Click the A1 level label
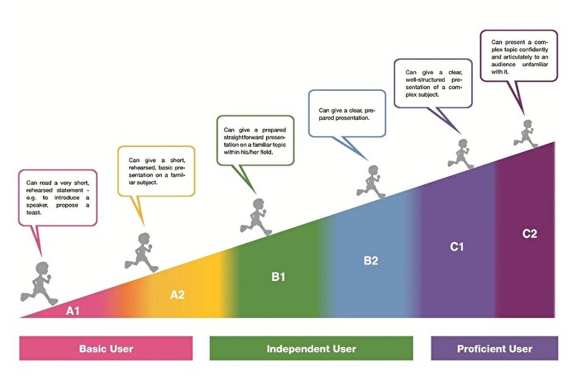pos(73,311)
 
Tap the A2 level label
pos(179,294)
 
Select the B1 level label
pos(279,276)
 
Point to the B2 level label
pos(371,261)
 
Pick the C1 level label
pos(457,246)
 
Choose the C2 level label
pos(530,233)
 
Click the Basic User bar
pos(106,349)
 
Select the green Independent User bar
pos(311,349)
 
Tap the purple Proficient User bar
pos(494,349)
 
